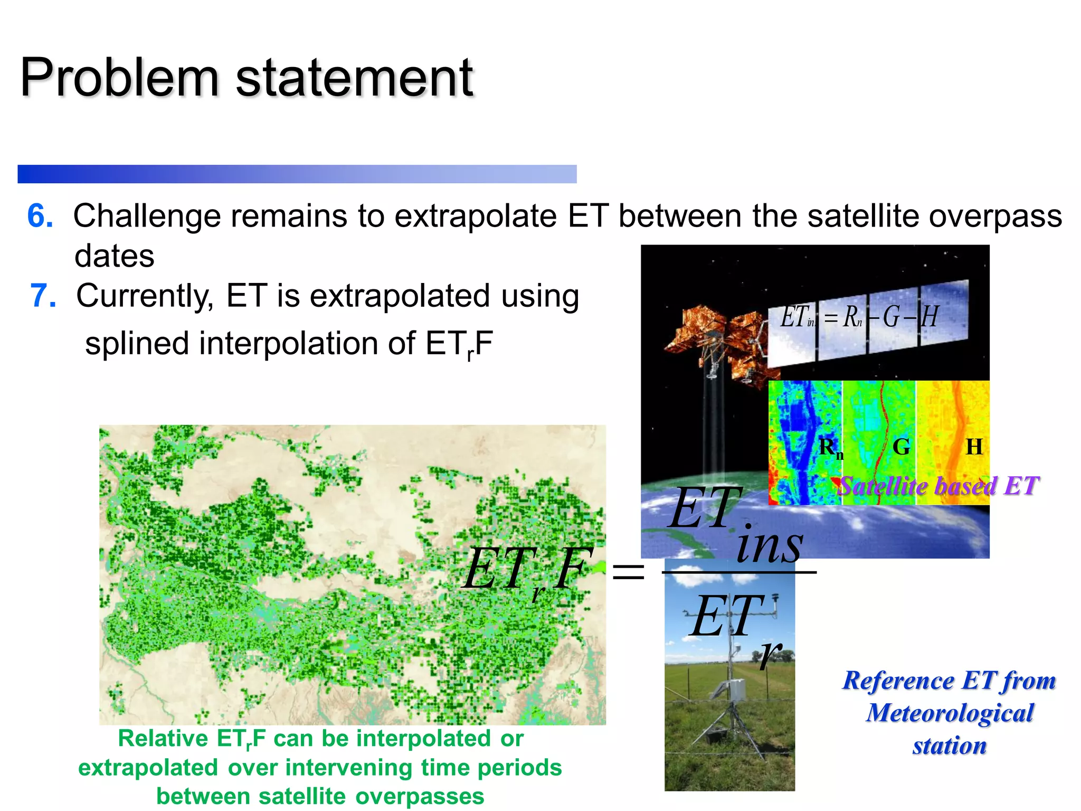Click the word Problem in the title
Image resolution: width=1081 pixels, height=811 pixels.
119,78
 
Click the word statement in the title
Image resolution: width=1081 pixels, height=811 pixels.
354,78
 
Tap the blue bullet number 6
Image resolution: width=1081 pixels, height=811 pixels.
40,216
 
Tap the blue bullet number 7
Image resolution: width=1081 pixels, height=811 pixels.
43,296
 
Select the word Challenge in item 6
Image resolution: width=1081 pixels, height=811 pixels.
146,216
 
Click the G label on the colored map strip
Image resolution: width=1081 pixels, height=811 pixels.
901,447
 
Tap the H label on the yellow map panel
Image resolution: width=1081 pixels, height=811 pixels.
974,447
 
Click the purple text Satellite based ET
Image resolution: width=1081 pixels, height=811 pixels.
938,486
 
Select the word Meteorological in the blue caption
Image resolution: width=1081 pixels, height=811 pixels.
950,713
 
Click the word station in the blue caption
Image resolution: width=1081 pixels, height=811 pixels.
950,746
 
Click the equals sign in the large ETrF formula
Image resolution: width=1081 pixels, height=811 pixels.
628,572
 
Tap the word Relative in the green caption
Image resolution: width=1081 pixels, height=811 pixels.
163,738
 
